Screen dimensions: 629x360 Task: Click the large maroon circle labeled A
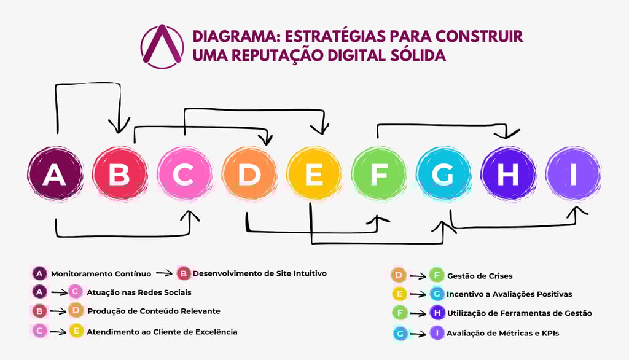click(x=55, y=174)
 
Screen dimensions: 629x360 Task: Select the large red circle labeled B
click(x=120, y=174)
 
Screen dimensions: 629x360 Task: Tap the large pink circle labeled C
click(x=184, y=174)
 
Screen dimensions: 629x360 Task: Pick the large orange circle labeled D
click(x=249, y=174)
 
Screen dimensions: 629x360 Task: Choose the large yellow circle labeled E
click(x=314, y=174)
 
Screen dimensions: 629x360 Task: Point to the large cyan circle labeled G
click(x=443, y=174)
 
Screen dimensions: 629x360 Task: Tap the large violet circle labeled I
click(x=573, y=174)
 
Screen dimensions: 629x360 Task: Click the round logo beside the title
click(x=162, y=46)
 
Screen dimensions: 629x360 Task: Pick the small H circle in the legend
click(x=437, y=313)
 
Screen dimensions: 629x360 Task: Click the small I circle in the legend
click(x=437, y=333)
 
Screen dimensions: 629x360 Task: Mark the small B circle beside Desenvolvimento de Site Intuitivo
click(x=184, y=273)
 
